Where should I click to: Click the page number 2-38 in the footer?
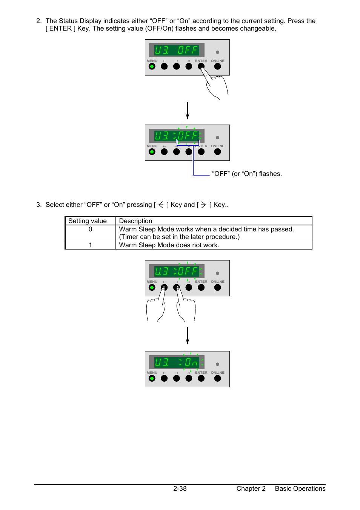180,488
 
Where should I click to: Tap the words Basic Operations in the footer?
300,488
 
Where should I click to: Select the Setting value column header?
88,221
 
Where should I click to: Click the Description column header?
135,221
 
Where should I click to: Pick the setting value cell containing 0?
90,229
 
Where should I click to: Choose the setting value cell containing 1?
90,245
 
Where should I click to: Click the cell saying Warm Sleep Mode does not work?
169,245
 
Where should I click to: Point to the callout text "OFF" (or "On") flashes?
247,174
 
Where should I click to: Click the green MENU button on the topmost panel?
152,66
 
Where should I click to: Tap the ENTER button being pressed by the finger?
201,66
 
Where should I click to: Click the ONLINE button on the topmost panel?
217,66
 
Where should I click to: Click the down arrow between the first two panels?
187,110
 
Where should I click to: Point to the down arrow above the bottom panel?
187,335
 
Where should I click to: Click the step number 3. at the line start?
39,205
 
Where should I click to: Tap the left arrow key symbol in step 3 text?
161,205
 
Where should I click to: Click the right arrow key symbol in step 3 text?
203,205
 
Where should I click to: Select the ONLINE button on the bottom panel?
217,378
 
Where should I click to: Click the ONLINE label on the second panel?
217,146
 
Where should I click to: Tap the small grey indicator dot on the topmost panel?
217,52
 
